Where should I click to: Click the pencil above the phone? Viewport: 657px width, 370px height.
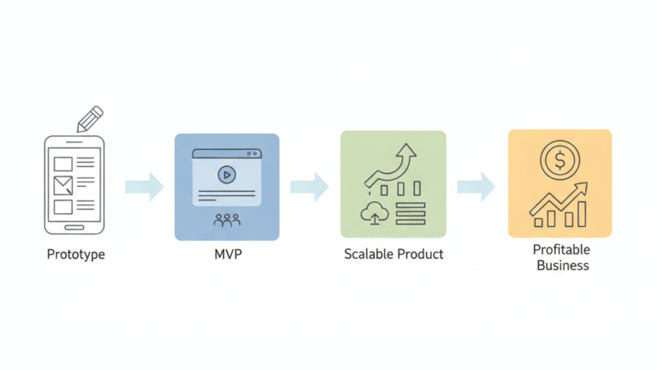point(89,119)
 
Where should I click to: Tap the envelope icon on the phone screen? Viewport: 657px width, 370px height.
point(63,184)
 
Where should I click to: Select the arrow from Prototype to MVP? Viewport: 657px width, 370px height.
point(144,187)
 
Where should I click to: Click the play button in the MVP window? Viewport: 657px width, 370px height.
point(226,175)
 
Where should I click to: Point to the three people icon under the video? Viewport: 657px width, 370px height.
point(227,219)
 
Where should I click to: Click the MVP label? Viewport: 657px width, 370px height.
point(227,254)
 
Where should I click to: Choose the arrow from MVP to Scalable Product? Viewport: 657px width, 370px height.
point(309,186)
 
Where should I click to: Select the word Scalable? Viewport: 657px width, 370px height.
point(371,254)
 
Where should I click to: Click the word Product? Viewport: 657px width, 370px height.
point(422,254)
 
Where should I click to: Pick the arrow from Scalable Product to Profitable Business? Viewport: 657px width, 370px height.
point(476,186)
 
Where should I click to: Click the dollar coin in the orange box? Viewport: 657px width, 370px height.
point(560,160)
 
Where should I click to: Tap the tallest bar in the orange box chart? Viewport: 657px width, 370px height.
point(582,213)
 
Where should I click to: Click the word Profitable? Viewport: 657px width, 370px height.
point(561,250)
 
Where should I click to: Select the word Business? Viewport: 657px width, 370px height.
point(562,266)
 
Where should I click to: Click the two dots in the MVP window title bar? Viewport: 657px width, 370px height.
point(252,154)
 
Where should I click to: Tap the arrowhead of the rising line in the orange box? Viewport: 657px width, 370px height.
point(583,187)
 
